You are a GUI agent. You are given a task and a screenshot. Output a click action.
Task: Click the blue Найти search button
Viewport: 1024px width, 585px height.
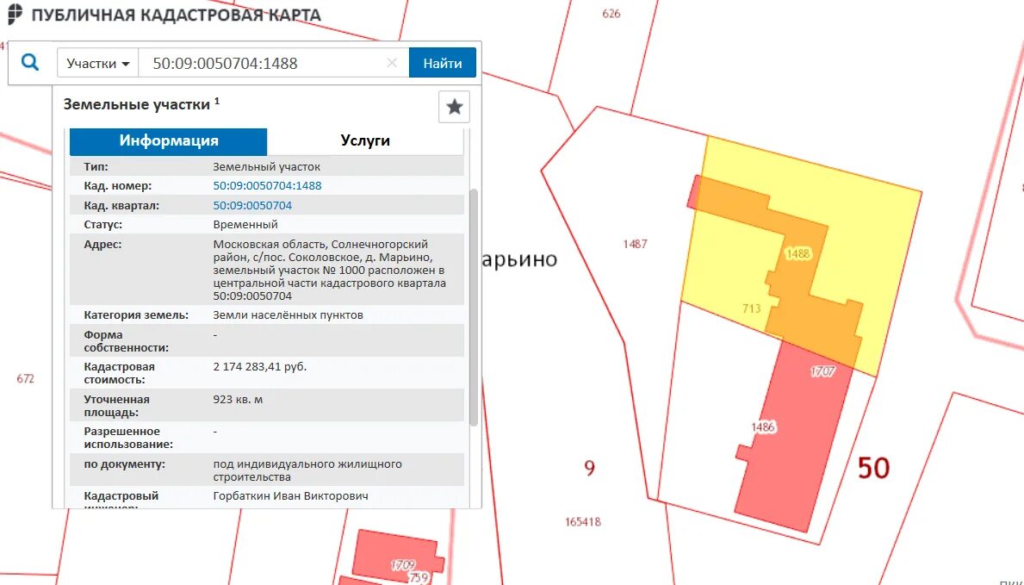[442, 63]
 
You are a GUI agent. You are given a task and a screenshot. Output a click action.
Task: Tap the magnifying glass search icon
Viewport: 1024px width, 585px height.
[30, 63]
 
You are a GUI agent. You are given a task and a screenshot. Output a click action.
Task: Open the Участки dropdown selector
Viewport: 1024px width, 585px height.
[97, 64]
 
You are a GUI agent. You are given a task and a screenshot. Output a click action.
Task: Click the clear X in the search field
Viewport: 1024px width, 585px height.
[392, 63]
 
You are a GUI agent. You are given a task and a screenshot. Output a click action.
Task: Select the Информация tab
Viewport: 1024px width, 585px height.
[169, 141]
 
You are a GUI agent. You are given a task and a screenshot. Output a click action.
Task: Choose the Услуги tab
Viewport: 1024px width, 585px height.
[365, 141]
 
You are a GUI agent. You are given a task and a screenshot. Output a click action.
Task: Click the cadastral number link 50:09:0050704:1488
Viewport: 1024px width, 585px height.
[267, 185]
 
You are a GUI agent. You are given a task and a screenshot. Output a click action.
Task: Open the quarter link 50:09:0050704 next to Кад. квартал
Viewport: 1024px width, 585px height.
[252, 205]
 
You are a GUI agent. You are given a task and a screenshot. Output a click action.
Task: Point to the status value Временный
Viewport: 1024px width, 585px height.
[245, 225]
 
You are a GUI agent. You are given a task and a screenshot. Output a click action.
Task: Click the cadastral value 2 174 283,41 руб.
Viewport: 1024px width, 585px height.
[260, 367]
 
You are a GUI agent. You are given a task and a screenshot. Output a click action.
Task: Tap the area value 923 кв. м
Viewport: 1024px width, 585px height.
[239, 400]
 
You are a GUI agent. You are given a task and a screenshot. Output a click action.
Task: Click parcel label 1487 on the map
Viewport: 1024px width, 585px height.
[635, 244]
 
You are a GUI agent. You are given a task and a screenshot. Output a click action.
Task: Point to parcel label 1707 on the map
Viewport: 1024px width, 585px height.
[822, 371]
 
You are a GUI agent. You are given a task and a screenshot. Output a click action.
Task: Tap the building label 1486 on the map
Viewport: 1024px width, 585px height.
[763, 426]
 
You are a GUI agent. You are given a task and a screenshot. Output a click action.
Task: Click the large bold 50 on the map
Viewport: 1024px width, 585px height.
[873, 468]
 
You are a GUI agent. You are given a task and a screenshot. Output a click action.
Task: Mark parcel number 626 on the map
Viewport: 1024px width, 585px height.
[611, 14]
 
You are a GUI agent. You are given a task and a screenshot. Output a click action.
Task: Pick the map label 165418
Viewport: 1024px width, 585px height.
[583, 522]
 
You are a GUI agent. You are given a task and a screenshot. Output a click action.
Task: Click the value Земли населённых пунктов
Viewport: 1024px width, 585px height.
[288, 315]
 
